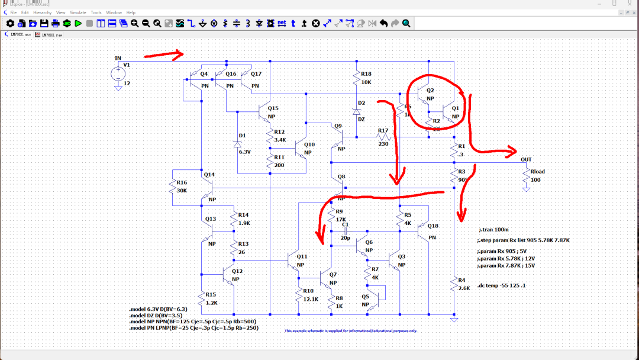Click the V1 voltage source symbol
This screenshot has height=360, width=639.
tap(118, 74)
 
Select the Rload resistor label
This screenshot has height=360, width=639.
tap(537, 172)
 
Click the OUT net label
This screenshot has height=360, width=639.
tap(526, 159)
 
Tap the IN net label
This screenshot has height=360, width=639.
tap(118, 58)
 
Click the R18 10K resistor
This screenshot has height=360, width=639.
tap(357, 78)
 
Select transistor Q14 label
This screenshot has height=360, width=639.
tap(209, 174)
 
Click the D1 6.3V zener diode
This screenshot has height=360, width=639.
tap(238, 144)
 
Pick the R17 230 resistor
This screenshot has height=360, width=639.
tap(383, 137)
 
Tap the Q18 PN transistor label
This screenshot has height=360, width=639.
tap(433, 226)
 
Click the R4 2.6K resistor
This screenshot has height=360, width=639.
tap(454, 284)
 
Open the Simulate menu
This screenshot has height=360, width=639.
tap(78, 12)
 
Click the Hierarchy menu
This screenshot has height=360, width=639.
tap(42, 12)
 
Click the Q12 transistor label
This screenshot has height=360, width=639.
tap(237, 271)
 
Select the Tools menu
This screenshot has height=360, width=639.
tap(96, 12)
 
